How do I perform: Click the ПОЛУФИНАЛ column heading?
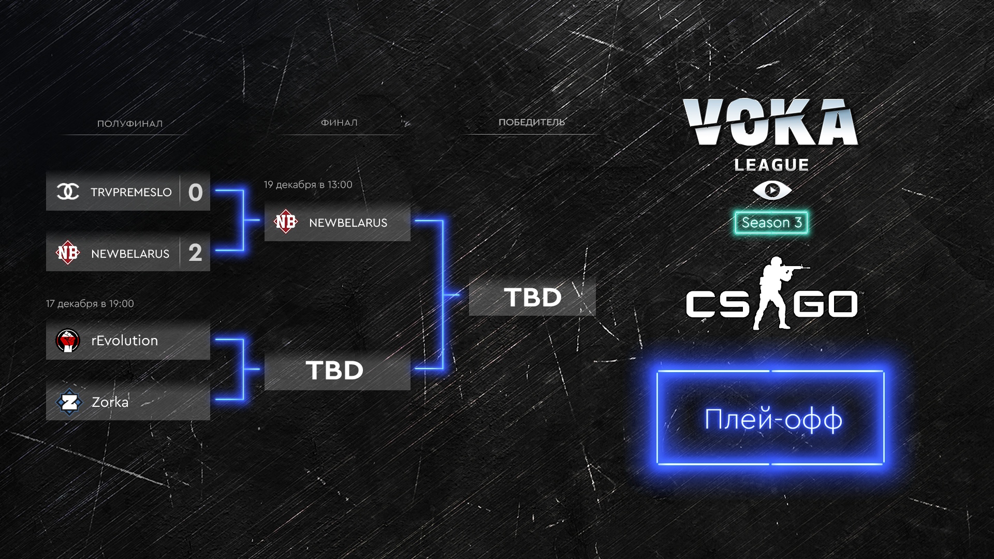[x=130, y=124]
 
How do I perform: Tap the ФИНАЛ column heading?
[x=339, y=123]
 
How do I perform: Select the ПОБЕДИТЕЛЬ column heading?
[x=531, y=123]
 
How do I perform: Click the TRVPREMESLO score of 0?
[x=195, y=193]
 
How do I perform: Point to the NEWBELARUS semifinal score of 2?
[x=195, y=253]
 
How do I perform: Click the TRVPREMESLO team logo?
[x=68, y=192]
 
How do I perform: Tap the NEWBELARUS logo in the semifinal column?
[x=68, y=253]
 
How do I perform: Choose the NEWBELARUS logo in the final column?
[x=286, y=222]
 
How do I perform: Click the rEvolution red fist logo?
[x=68, y=341]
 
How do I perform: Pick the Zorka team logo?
[x=69, y=402]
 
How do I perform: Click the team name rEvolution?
[x=124, y=341]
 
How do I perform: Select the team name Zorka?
[x=110, y=402]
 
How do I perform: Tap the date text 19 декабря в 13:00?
[x=308, y=185]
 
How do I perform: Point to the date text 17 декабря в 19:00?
[x=90, y=304]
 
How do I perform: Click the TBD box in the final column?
[x=335, y=371]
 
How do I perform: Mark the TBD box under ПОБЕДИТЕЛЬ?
[x=532, y=297]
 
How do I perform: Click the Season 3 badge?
[x=771, y=223]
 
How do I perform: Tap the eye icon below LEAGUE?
[x=771, y=190]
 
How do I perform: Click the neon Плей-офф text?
[x=773, y=419]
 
